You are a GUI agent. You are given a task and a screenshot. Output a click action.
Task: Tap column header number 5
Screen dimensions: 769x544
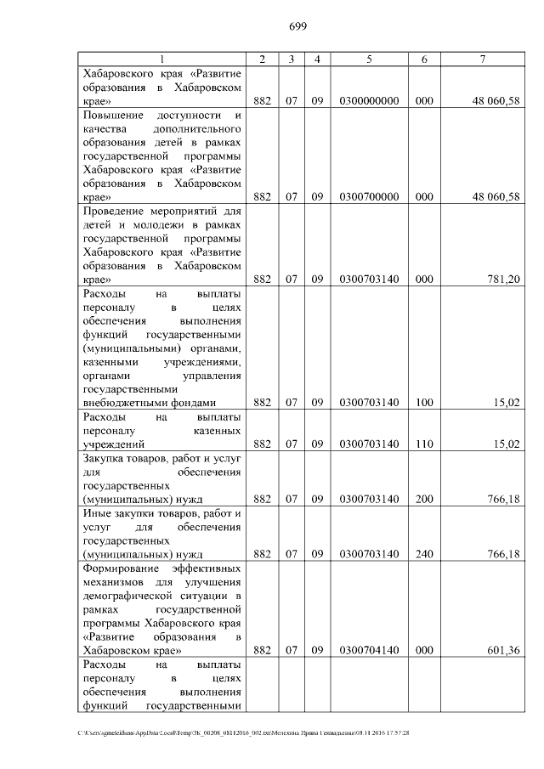[x=369, y=59]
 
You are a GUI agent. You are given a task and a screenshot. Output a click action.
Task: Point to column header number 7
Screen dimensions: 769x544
[x=482, y=59]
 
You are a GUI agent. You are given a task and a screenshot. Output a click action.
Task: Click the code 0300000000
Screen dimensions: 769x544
[x=369, y=101]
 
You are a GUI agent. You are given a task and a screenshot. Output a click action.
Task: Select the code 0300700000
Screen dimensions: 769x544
[x=369, y=197]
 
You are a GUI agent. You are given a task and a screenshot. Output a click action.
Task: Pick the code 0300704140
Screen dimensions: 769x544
[x=369, y=651]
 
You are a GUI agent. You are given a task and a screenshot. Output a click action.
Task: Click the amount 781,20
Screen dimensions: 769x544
[x=502, y=279]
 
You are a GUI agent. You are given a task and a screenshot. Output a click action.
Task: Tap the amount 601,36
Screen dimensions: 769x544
[x=502, y=651]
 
